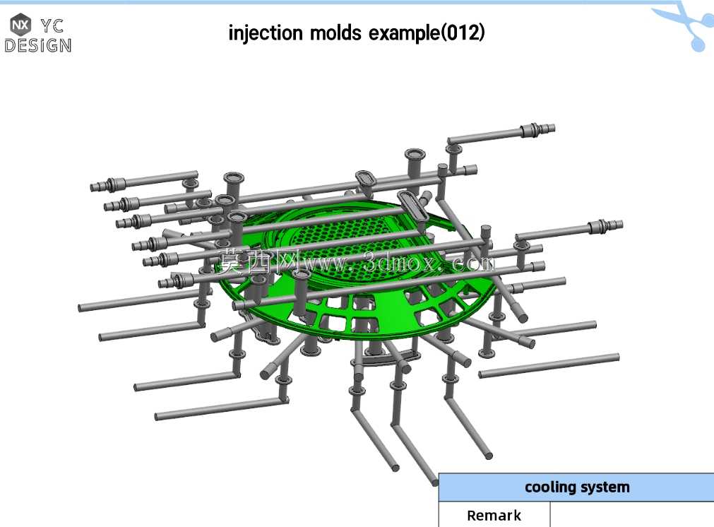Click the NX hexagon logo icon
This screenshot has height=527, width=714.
(20, 25)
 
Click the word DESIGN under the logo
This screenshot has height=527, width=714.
(38, 45)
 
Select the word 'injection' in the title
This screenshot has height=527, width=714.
(266, 33)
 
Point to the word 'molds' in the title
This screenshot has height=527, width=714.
(335, 32)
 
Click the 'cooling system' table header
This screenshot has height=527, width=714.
(576, 487)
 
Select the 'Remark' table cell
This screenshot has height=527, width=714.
(494, 515)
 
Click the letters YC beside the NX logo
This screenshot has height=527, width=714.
(52, 26)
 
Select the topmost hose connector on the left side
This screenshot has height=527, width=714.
(107, 184)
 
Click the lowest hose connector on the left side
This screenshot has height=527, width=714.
(175, 280)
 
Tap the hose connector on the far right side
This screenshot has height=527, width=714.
(605, 226)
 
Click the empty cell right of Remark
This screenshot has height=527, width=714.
(632, 515)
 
